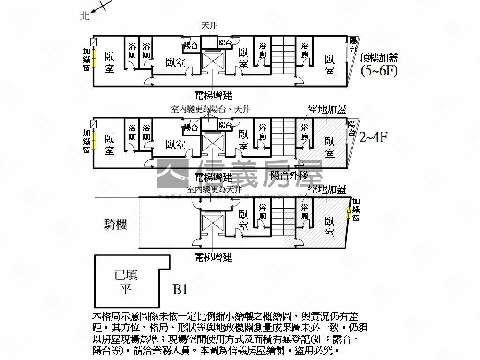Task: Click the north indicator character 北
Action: (x=84, y=15)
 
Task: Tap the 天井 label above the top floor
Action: (x=209, y=26)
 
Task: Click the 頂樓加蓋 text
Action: (x=379, y=58)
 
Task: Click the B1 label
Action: (x=180, y=289)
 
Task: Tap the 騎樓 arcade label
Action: (x=115, y=225)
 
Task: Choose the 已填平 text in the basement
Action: (x=126, y=281)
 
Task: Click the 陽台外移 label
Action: (x=289, y=175)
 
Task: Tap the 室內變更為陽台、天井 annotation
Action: (x=210, y=109)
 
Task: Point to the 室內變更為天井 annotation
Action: (x=214, y=189)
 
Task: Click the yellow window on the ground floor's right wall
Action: (x=348, y=212)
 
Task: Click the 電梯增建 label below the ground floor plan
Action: (x=213, y=257)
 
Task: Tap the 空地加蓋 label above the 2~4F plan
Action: (x=327, y=110)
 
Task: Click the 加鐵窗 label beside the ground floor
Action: (x=356, y=210)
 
